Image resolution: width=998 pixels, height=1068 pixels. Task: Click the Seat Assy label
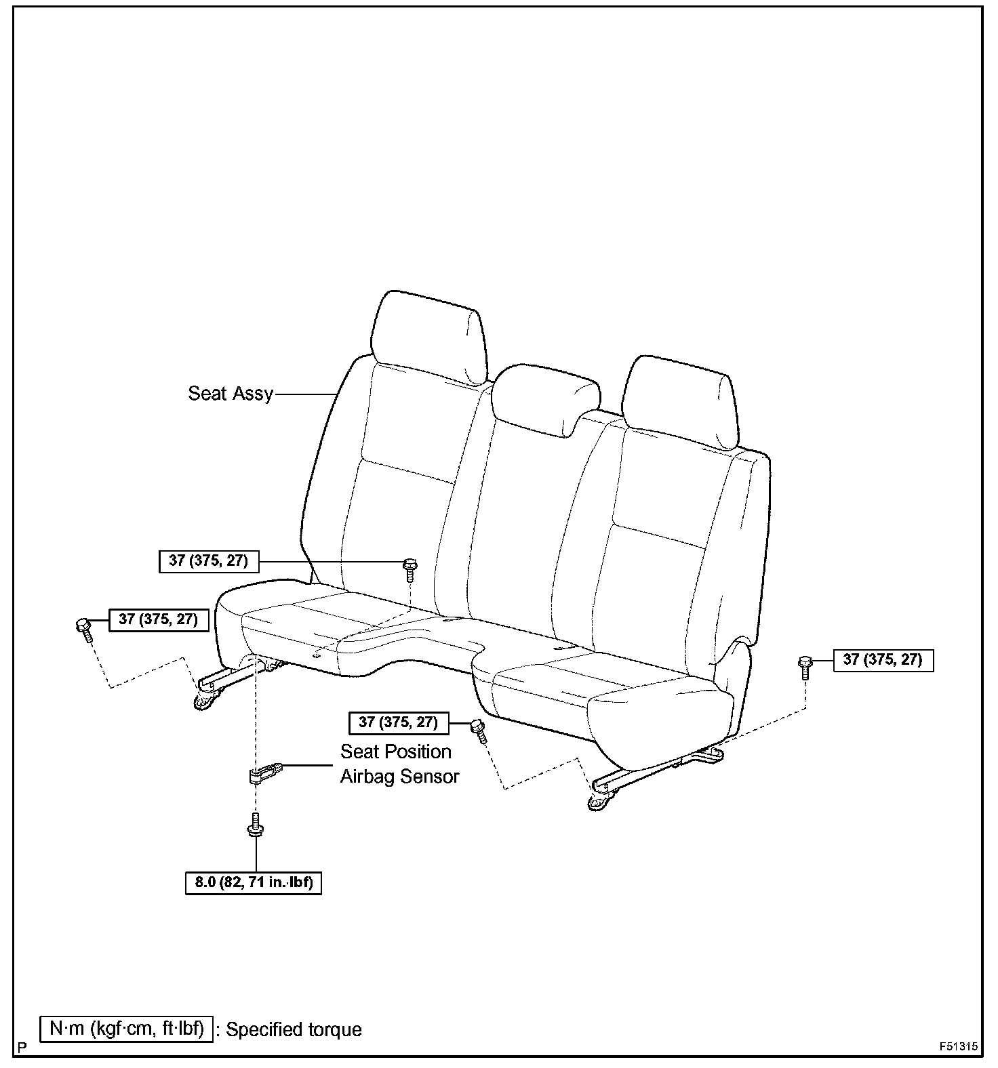point(231,393)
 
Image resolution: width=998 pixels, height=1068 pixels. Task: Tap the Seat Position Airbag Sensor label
point(399,764)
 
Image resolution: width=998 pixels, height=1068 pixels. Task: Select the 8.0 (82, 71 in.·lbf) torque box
point(253,884)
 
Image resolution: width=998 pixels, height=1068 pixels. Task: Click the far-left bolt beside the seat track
point(84,628)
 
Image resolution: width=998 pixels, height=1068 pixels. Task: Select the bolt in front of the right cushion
point(479,730)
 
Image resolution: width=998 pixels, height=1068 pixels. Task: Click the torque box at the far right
point(882,659)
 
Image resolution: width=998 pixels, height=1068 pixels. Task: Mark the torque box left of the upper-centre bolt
point(208,561)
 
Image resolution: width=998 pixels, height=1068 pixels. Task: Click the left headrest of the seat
point(428,335)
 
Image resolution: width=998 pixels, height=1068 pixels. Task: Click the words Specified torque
point(294,1029)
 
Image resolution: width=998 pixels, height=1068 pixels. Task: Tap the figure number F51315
point(959,1046)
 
